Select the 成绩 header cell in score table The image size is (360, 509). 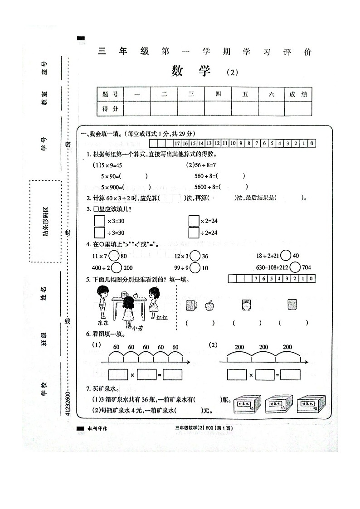(298, 94)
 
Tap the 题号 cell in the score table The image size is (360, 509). (110, 94)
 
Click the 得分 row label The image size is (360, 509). (110, 109)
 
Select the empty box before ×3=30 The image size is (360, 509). (99, 221)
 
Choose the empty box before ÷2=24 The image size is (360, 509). (194, 233)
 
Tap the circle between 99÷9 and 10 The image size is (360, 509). (195, 268)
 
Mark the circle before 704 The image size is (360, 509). (295, 267)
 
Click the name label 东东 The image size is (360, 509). (103, 323)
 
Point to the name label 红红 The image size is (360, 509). (162, 318)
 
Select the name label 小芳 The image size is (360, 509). (132, 328)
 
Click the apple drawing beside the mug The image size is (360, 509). (209, 305)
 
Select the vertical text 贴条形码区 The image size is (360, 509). (45, 221)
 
